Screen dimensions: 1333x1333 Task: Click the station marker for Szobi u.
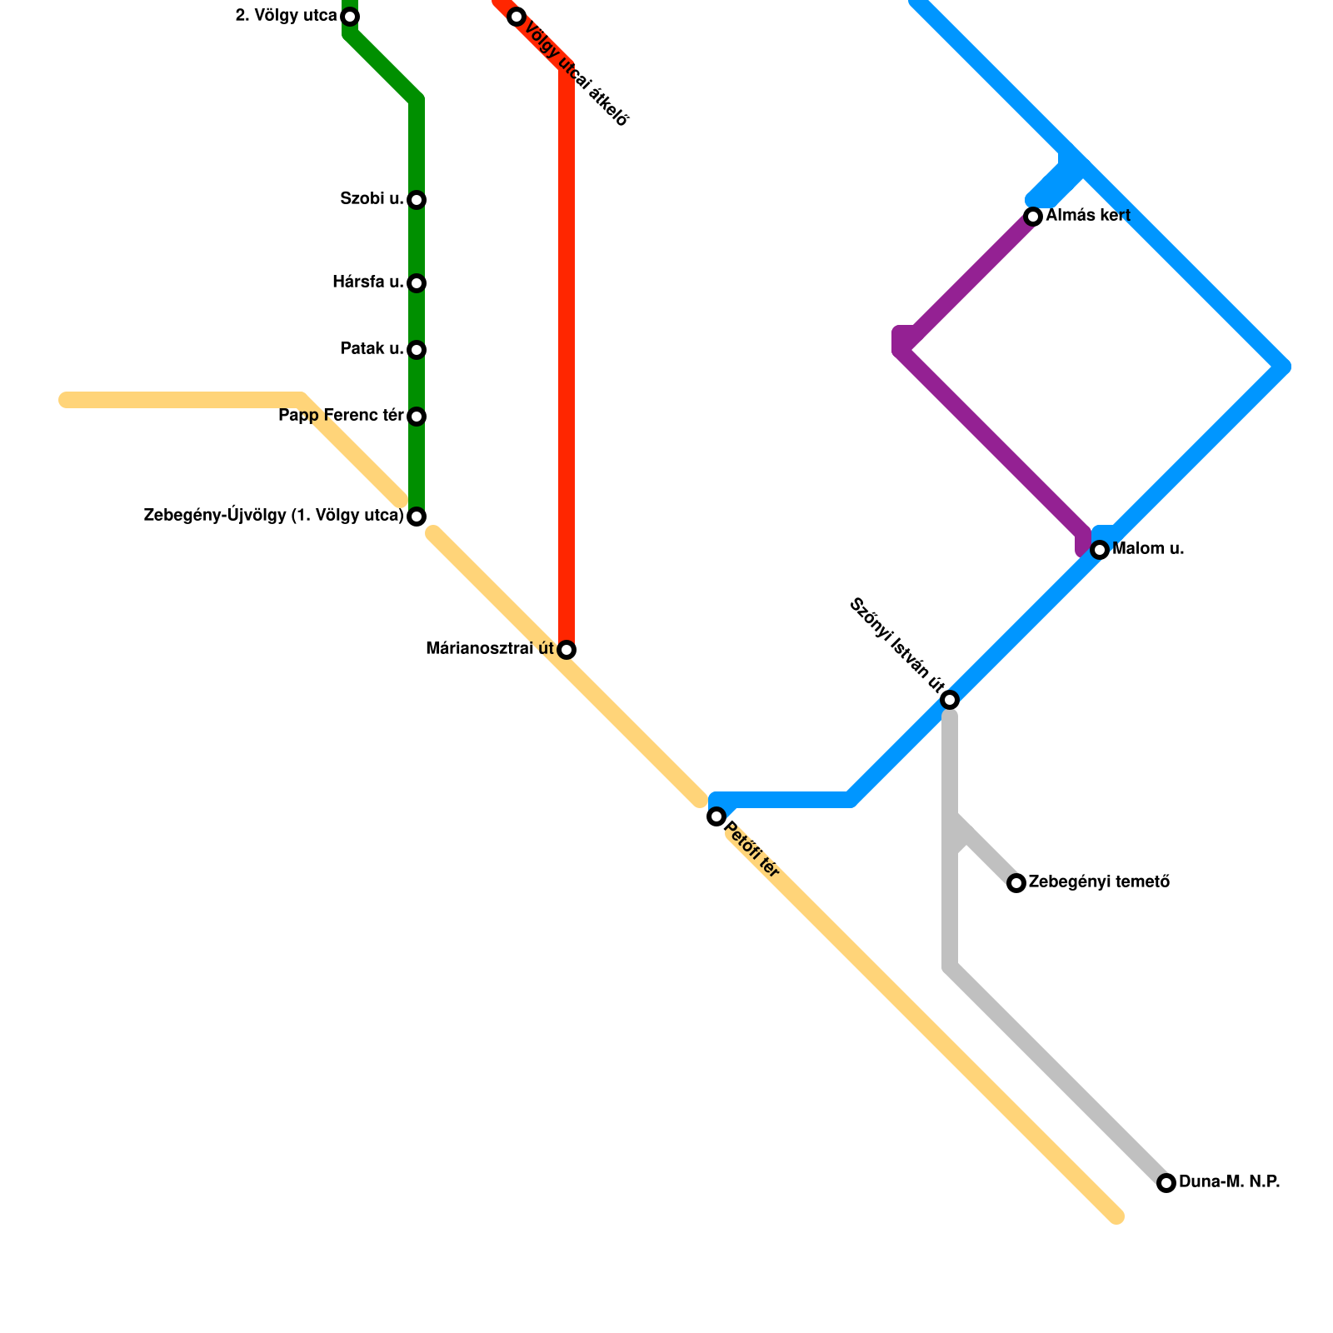417,200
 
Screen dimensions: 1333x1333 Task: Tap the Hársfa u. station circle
417,283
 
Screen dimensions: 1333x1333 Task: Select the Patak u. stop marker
417,350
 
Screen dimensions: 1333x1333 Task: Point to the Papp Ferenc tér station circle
417,417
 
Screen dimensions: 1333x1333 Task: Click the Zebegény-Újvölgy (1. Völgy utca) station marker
417,517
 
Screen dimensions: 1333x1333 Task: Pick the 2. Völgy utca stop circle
350,17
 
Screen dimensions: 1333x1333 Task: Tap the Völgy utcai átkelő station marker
517,17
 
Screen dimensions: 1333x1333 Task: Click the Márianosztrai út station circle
567,650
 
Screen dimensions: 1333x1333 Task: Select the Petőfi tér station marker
716,816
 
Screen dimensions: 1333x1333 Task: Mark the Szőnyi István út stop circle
950,700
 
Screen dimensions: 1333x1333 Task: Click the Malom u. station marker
1100,550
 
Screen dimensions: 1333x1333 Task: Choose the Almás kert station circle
1033,217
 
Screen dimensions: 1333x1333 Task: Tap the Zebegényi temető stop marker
1016,883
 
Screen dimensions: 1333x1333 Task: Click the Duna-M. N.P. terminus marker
1166,1183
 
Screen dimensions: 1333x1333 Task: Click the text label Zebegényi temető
1099,882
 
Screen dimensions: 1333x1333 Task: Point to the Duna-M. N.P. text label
1229,1182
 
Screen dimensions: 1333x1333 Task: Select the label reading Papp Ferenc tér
341,416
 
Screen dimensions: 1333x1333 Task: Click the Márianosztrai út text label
490,649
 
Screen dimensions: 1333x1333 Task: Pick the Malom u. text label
1148,549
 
